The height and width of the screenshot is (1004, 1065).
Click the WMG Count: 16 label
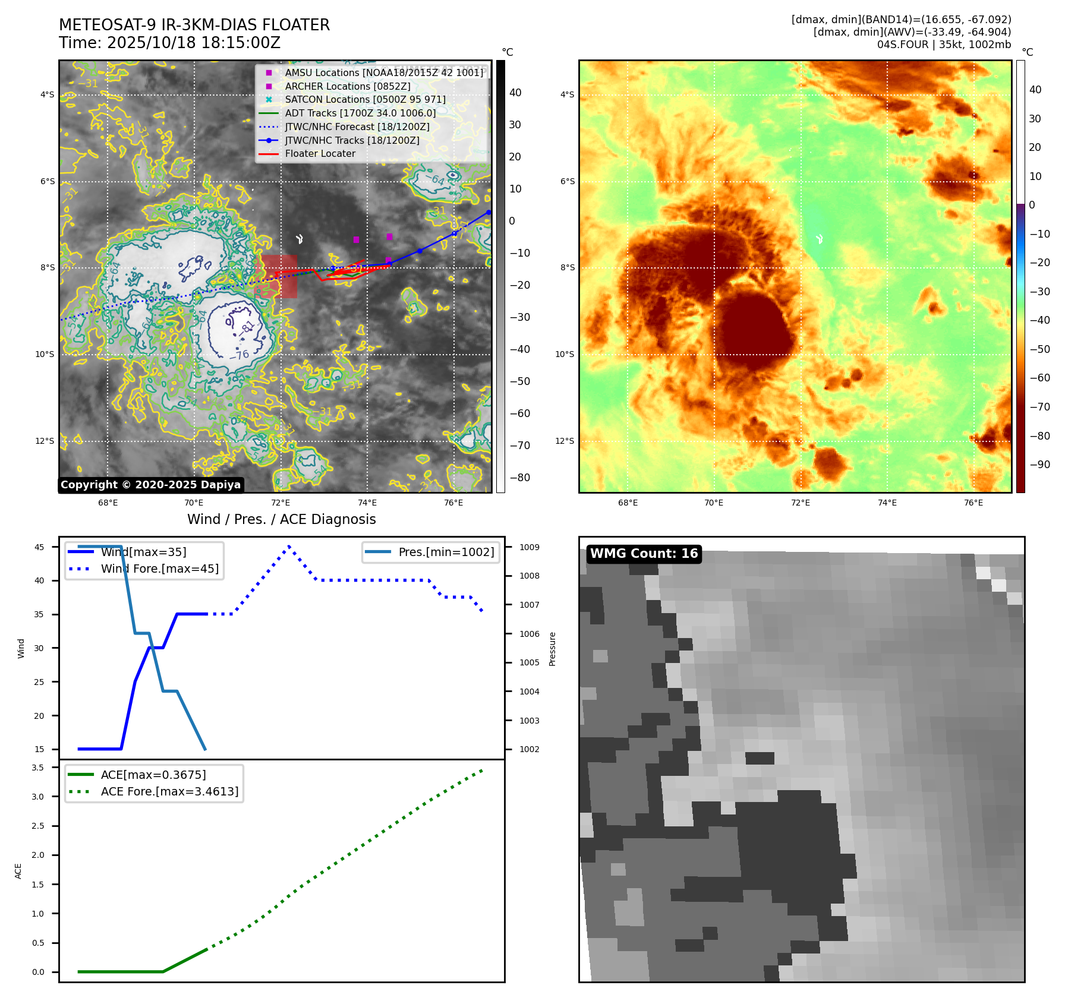pos(644,554)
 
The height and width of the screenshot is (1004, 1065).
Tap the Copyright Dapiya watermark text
pos(150,485)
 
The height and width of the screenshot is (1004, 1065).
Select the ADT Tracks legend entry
pos(360,113)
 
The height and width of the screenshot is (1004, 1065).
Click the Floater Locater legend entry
pos(320,153)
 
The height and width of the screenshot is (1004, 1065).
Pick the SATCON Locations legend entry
pos(365,99)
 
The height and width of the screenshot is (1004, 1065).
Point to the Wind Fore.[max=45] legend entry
pos(159,569)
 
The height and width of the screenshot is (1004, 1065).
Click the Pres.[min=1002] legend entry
pos(446,552)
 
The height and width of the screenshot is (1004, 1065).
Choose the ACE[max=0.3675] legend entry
pos(153,775)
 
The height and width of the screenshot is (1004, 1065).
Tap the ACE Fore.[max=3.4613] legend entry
pos(169,791)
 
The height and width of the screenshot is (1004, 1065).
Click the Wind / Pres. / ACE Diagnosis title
pos(281,519)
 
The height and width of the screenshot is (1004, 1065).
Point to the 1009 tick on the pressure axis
pos(530,547)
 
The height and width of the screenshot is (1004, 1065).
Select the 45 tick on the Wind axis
pos(39,547)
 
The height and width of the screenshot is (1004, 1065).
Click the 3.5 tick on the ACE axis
pos(38,768)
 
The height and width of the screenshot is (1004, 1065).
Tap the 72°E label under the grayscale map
pos(281,503)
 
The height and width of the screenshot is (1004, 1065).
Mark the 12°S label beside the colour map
pos(565,441)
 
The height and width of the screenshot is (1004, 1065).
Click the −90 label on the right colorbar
pos(1039,465)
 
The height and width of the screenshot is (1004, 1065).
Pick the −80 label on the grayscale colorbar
pos(519,478)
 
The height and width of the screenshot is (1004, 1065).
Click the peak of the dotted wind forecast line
pos(289,546)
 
